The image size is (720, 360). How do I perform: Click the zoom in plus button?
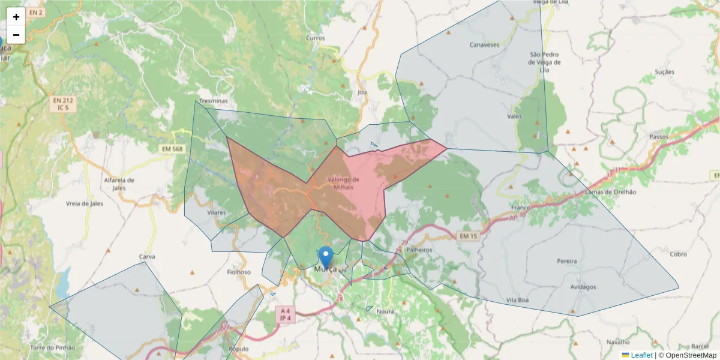pos(16,17)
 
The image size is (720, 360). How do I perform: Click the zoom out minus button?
pos(16,35)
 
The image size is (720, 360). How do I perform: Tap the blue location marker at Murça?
pos(326,257)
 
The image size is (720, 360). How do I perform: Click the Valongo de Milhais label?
pos(344,183)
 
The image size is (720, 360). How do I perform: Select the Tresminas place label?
pos(214,101)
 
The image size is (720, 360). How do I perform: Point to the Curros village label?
pos(315,38)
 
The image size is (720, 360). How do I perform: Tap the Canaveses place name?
pos(484,45)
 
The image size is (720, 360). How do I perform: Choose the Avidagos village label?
pos(584,287)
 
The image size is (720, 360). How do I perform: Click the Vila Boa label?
pos(517,299)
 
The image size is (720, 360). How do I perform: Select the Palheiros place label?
pos(419,249)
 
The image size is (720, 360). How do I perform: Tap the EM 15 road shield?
pos(469,236)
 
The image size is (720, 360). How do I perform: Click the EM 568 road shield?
pos(173,149)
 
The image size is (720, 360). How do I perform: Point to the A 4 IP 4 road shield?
pos(286,314)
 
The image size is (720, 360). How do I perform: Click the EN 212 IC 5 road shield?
pos(62,104)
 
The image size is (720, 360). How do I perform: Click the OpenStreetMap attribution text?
pos(692,355)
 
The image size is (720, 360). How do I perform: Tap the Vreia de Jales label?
pos(85,203)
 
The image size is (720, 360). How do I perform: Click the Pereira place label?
pos(567,261)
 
